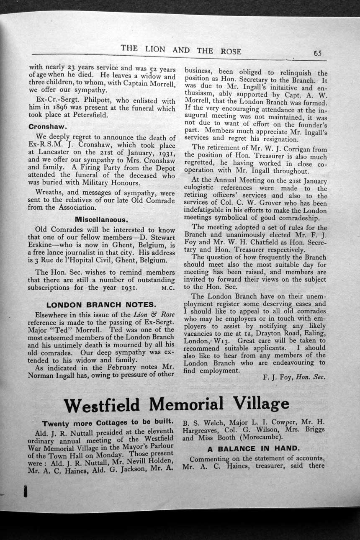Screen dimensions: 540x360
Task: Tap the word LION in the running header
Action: [155, 49]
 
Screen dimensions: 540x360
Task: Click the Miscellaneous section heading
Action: [101, 219]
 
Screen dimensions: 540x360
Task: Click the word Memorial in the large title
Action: [186, 404]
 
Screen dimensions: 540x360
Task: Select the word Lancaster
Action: [46, 153]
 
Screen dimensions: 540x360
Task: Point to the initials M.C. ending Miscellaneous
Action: [168, 288]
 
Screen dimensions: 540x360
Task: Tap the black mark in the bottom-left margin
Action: [25, 491]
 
